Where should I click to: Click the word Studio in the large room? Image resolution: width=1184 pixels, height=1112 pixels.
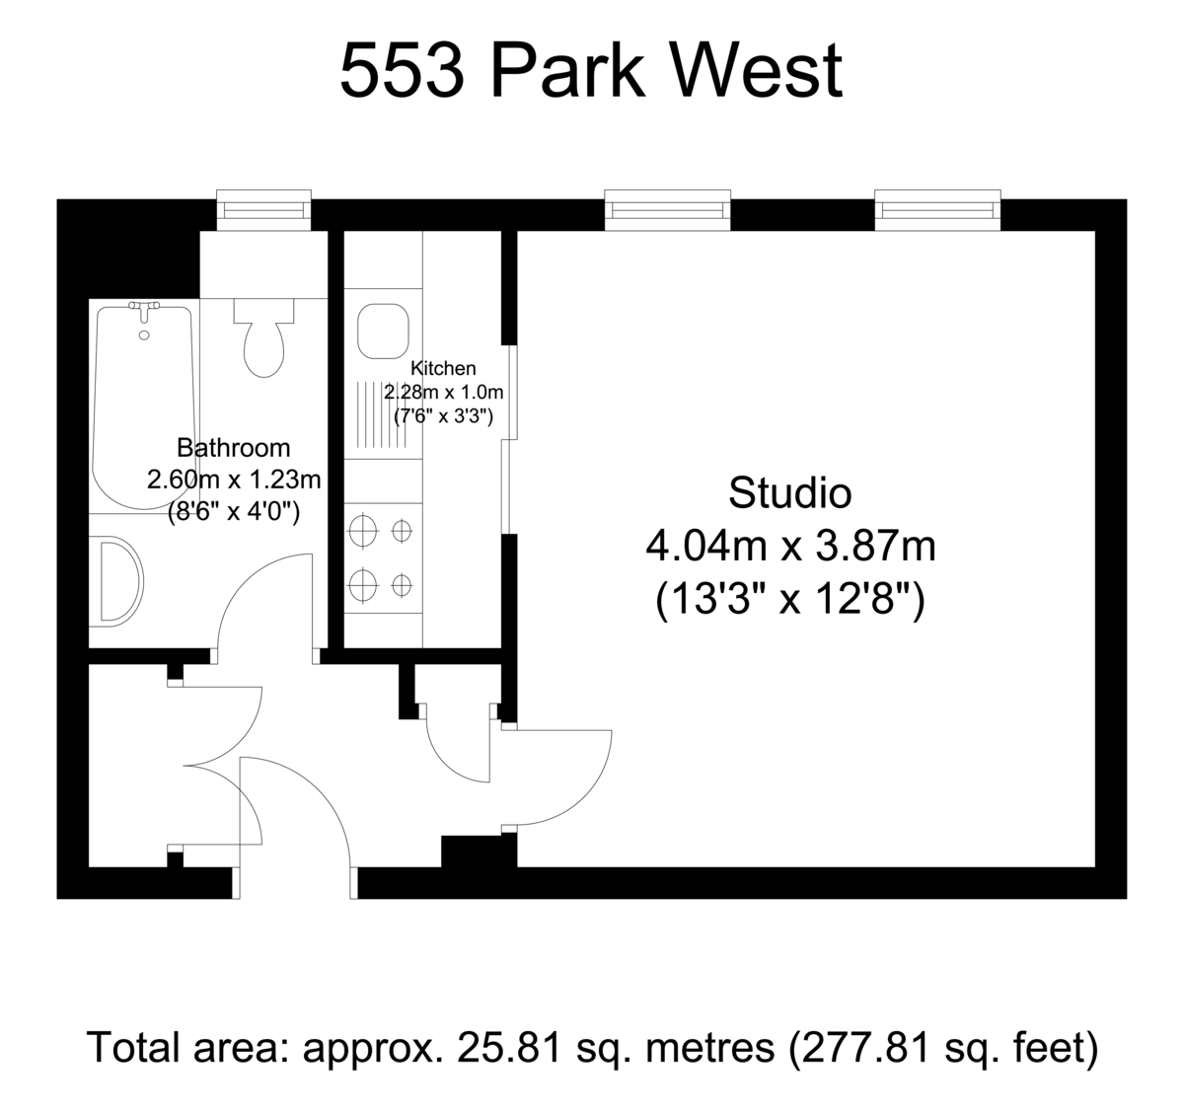click(x=790, y=493)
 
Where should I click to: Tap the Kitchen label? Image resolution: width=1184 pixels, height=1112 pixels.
click(x=443, y=368)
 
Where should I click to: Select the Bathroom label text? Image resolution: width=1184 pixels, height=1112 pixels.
click(x=234, y=448)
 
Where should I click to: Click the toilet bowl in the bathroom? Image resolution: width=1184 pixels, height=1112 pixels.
click(x=263, y=349)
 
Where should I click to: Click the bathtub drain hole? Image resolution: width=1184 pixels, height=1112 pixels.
click(x=144, y=335)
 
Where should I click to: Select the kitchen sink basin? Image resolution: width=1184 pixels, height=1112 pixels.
click(x=383, y=331)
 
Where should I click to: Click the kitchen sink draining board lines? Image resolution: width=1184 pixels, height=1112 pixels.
click(x=382, y=414)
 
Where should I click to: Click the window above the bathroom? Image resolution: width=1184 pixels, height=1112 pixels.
click(x=263, y=210)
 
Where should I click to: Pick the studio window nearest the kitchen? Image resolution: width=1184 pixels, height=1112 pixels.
click(x=667, y=210)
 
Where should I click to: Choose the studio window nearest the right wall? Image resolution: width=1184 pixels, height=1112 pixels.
click(x=937, y=210)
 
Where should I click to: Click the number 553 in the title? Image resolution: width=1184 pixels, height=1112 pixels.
click(x=402, y=70)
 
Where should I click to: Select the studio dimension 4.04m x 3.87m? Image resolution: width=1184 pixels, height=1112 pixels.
click(x=790, y=547)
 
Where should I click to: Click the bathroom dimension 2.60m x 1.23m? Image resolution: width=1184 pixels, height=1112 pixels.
click(x=234, y=480)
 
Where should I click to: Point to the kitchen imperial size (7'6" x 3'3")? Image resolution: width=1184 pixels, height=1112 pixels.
click(x=444, y=416)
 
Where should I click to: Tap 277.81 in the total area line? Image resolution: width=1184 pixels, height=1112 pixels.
click(x=865, y=1048)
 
